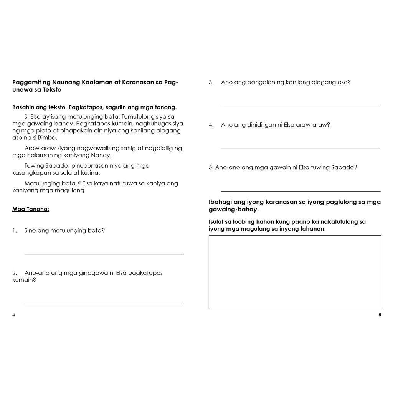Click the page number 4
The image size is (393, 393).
[14, 315]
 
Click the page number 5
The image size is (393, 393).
[380, 315]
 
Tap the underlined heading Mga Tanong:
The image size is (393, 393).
[31, 209]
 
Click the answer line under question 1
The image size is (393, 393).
[104, 254]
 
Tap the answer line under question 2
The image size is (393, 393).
[104, 304]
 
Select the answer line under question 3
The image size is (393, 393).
[301, 106]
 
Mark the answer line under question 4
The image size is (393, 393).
[301, 148]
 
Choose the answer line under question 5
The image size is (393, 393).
[301, 191]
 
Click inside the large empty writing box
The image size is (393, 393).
[295, 272]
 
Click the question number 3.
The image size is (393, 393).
[211, 82]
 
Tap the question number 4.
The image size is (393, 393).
[211, 125]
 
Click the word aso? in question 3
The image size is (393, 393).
[344, 82]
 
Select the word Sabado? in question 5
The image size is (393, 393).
[343, 167]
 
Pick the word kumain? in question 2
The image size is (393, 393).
[24, 280]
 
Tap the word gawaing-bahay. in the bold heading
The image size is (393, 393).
[233, 210]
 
